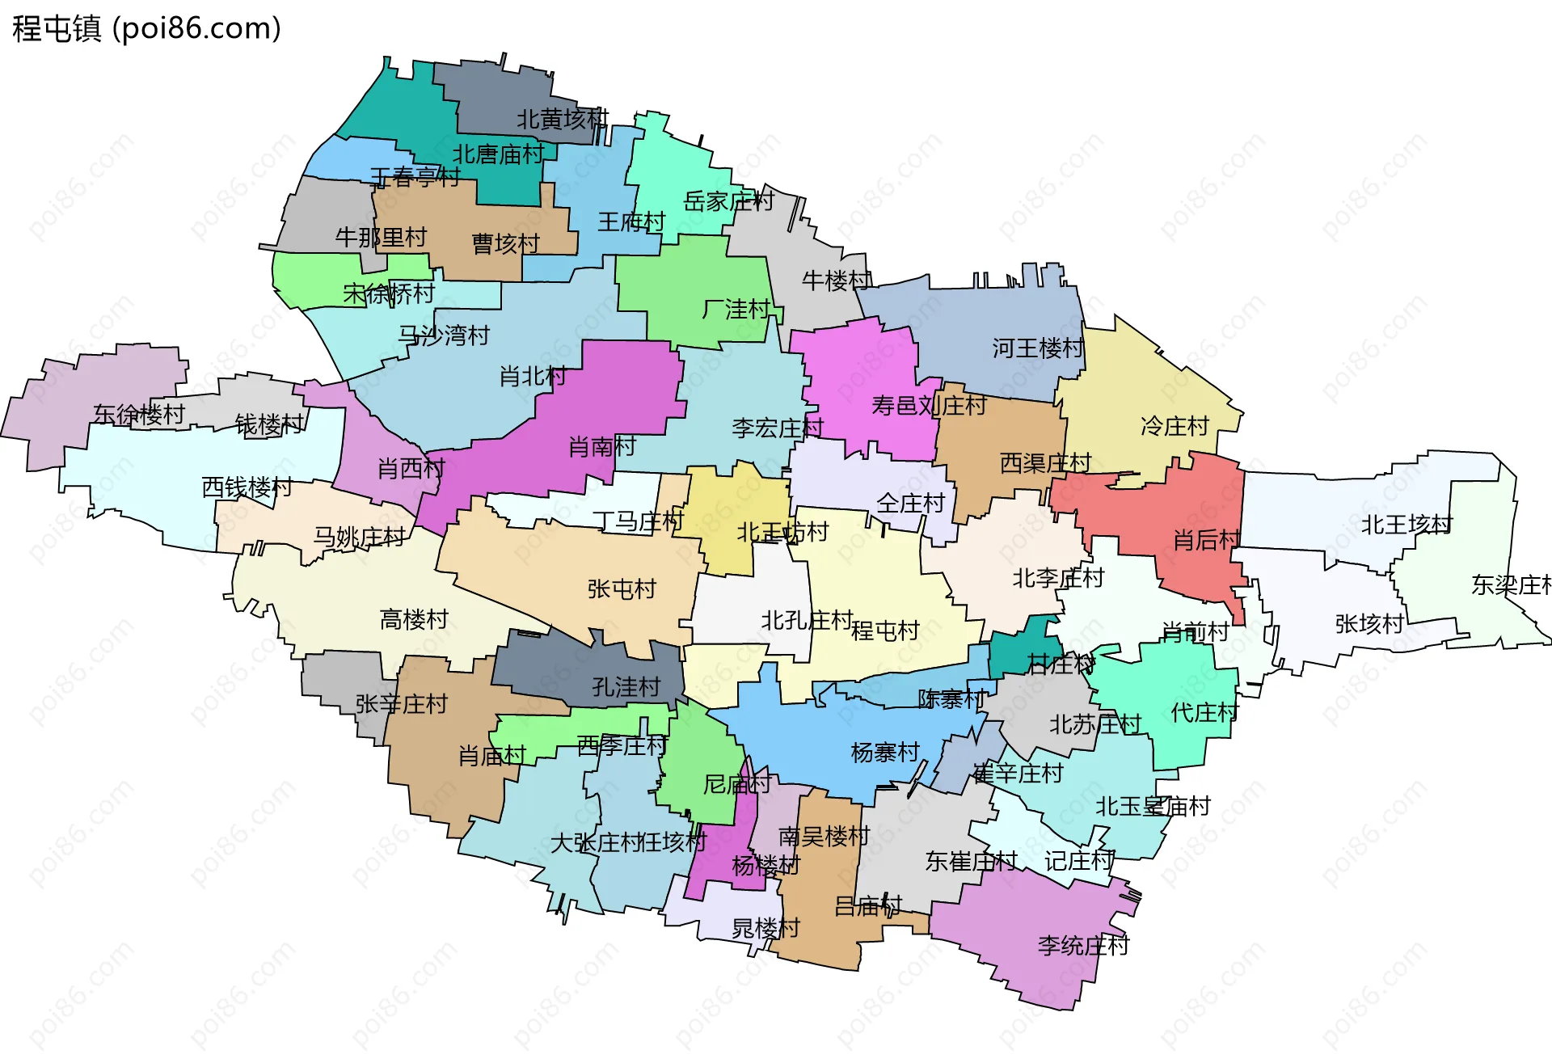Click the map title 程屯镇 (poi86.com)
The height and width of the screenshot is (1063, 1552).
146,28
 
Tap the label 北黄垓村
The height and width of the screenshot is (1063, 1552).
563,120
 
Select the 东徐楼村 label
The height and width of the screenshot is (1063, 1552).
139,415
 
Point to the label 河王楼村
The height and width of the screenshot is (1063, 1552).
1038,348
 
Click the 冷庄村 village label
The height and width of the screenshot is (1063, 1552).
1175,426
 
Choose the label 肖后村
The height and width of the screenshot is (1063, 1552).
1207,540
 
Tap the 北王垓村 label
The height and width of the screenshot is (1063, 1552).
1406,525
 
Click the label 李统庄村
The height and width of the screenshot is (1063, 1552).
1083,945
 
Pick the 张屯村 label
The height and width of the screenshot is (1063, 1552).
622,588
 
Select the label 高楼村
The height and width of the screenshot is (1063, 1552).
414,619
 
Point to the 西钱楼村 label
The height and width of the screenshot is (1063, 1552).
247,487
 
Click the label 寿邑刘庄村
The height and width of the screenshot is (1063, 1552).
929,405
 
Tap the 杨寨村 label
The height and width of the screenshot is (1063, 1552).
885,753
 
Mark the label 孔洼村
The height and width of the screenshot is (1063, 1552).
626,687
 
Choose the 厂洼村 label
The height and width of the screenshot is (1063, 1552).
736,309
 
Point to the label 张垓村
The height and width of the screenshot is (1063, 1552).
1369,623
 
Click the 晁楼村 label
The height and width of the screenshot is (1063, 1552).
765,928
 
